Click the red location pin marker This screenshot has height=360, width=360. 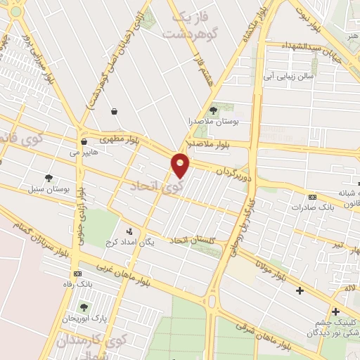[x=181, y=165]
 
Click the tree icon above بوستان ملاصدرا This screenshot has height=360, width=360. [x=213, y=110]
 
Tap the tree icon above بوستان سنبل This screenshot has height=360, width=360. [x=48, y=178]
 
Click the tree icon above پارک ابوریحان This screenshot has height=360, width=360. [x=84, y=307]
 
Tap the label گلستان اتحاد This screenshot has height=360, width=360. [x=193, y=241]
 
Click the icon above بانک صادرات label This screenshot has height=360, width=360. [x=312, y=196]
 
